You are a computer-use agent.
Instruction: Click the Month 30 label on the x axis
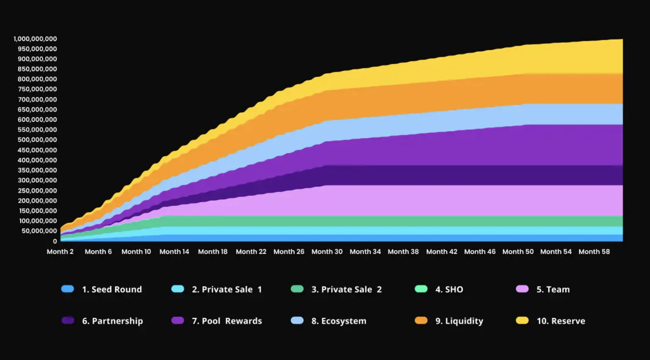[327, 251]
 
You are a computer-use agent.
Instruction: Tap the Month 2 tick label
[60, 251]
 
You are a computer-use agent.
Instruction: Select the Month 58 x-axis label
[594, 251]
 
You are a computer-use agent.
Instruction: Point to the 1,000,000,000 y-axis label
[35, 39]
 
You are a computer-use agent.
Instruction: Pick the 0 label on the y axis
[55, 241]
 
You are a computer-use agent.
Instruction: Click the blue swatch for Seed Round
[68, 289]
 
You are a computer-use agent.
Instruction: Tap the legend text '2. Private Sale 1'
[227, 289]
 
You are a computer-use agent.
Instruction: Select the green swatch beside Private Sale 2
[297, 289]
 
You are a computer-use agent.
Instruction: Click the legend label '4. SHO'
[449, 289]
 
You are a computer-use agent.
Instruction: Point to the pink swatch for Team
[522, 289]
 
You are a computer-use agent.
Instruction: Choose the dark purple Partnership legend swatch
[68, 321]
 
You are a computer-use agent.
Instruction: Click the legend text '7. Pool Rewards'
[227, 321]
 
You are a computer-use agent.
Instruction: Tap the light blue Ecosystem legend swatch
[297, 321]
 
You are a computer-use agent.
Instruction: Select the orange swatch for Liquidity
[421, 321]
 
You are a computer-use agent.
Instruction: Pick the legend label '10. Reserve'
[561, 321]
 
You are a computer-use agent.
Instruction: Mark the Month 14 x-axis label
[174, 251]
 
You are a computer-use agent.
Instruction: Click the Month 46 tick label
[480, 251]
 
